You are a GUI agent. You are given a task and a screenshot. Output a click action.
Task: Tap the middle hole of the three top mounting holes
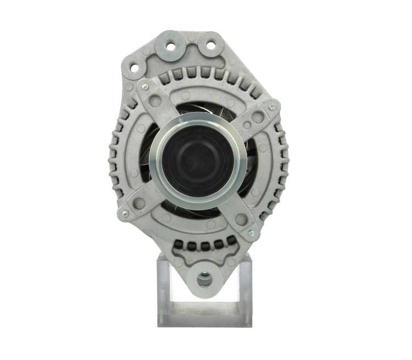pyautogui.click(x=170, y=46)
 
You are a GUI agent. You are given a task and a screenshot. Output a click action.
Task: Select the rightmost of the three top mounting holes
pyautogui.click(x=210, y=46)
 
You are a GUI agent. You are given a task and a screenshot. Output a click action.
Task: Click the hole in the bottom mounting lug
pyautogui.click(x=204, y=280)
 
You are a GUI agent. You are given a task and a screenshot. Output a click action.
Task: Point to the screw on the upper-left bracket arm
pyautogui.click(x=144, y=86)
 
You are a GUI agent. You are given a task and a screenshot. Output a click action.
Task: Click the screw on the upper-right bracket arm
pyautogui.click(x=271, y=108)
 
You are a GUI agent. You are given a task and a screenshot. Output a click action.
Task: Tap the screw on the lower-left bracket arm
pyautogui.click(x=125, y=213)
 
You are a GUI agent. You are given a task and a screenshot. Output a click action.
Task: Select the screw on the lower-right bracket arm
pyautogui.click(x=250, y=233)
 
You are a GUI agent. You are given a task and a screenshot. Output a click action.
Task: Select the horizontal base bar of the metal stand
pyautogui.click(x=204, y=315)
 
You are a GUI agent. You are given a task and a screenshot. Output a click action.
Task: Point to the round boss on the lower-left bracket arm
pyautogui.click(x=140, y=203)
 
